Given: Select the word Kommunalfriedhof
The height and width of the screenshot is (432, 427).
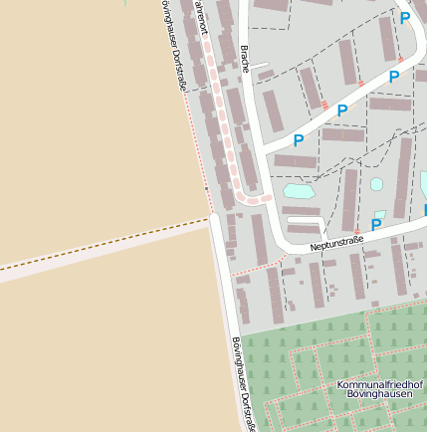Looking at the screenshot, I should (379, 384).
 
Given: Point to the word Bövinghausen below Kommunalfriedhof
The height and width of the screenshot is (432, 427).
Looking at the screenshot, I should (379, 395).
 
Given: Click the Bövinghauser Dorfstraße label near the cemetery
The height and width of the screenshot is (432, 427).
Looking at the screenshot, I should (243, 383).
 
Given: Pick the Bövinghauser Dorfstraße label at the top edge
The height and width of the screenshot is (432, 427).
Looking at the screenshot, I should (173, 45).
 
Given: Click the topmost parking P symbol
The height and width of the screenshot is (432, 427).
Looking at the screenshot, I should (404, 18).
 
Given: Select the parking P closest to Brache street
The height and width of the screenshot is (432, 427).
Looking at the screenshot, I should (298, 141).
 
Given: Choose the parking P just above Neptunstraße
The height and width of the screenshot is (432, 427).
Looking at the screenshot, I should (376, 226).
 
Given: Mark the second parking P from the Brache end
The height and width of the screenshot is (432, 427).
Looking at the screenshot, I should (342, 110).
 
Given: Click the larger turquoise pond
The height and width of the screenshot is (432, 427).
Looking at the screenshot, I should (299, 190).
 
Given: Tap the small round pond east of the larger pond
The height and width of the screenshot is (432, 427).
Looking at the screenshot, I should (377, 184).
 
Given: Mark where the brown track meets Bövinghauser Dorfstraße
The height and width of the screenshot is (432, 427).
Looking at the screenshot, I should (211, 216).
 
